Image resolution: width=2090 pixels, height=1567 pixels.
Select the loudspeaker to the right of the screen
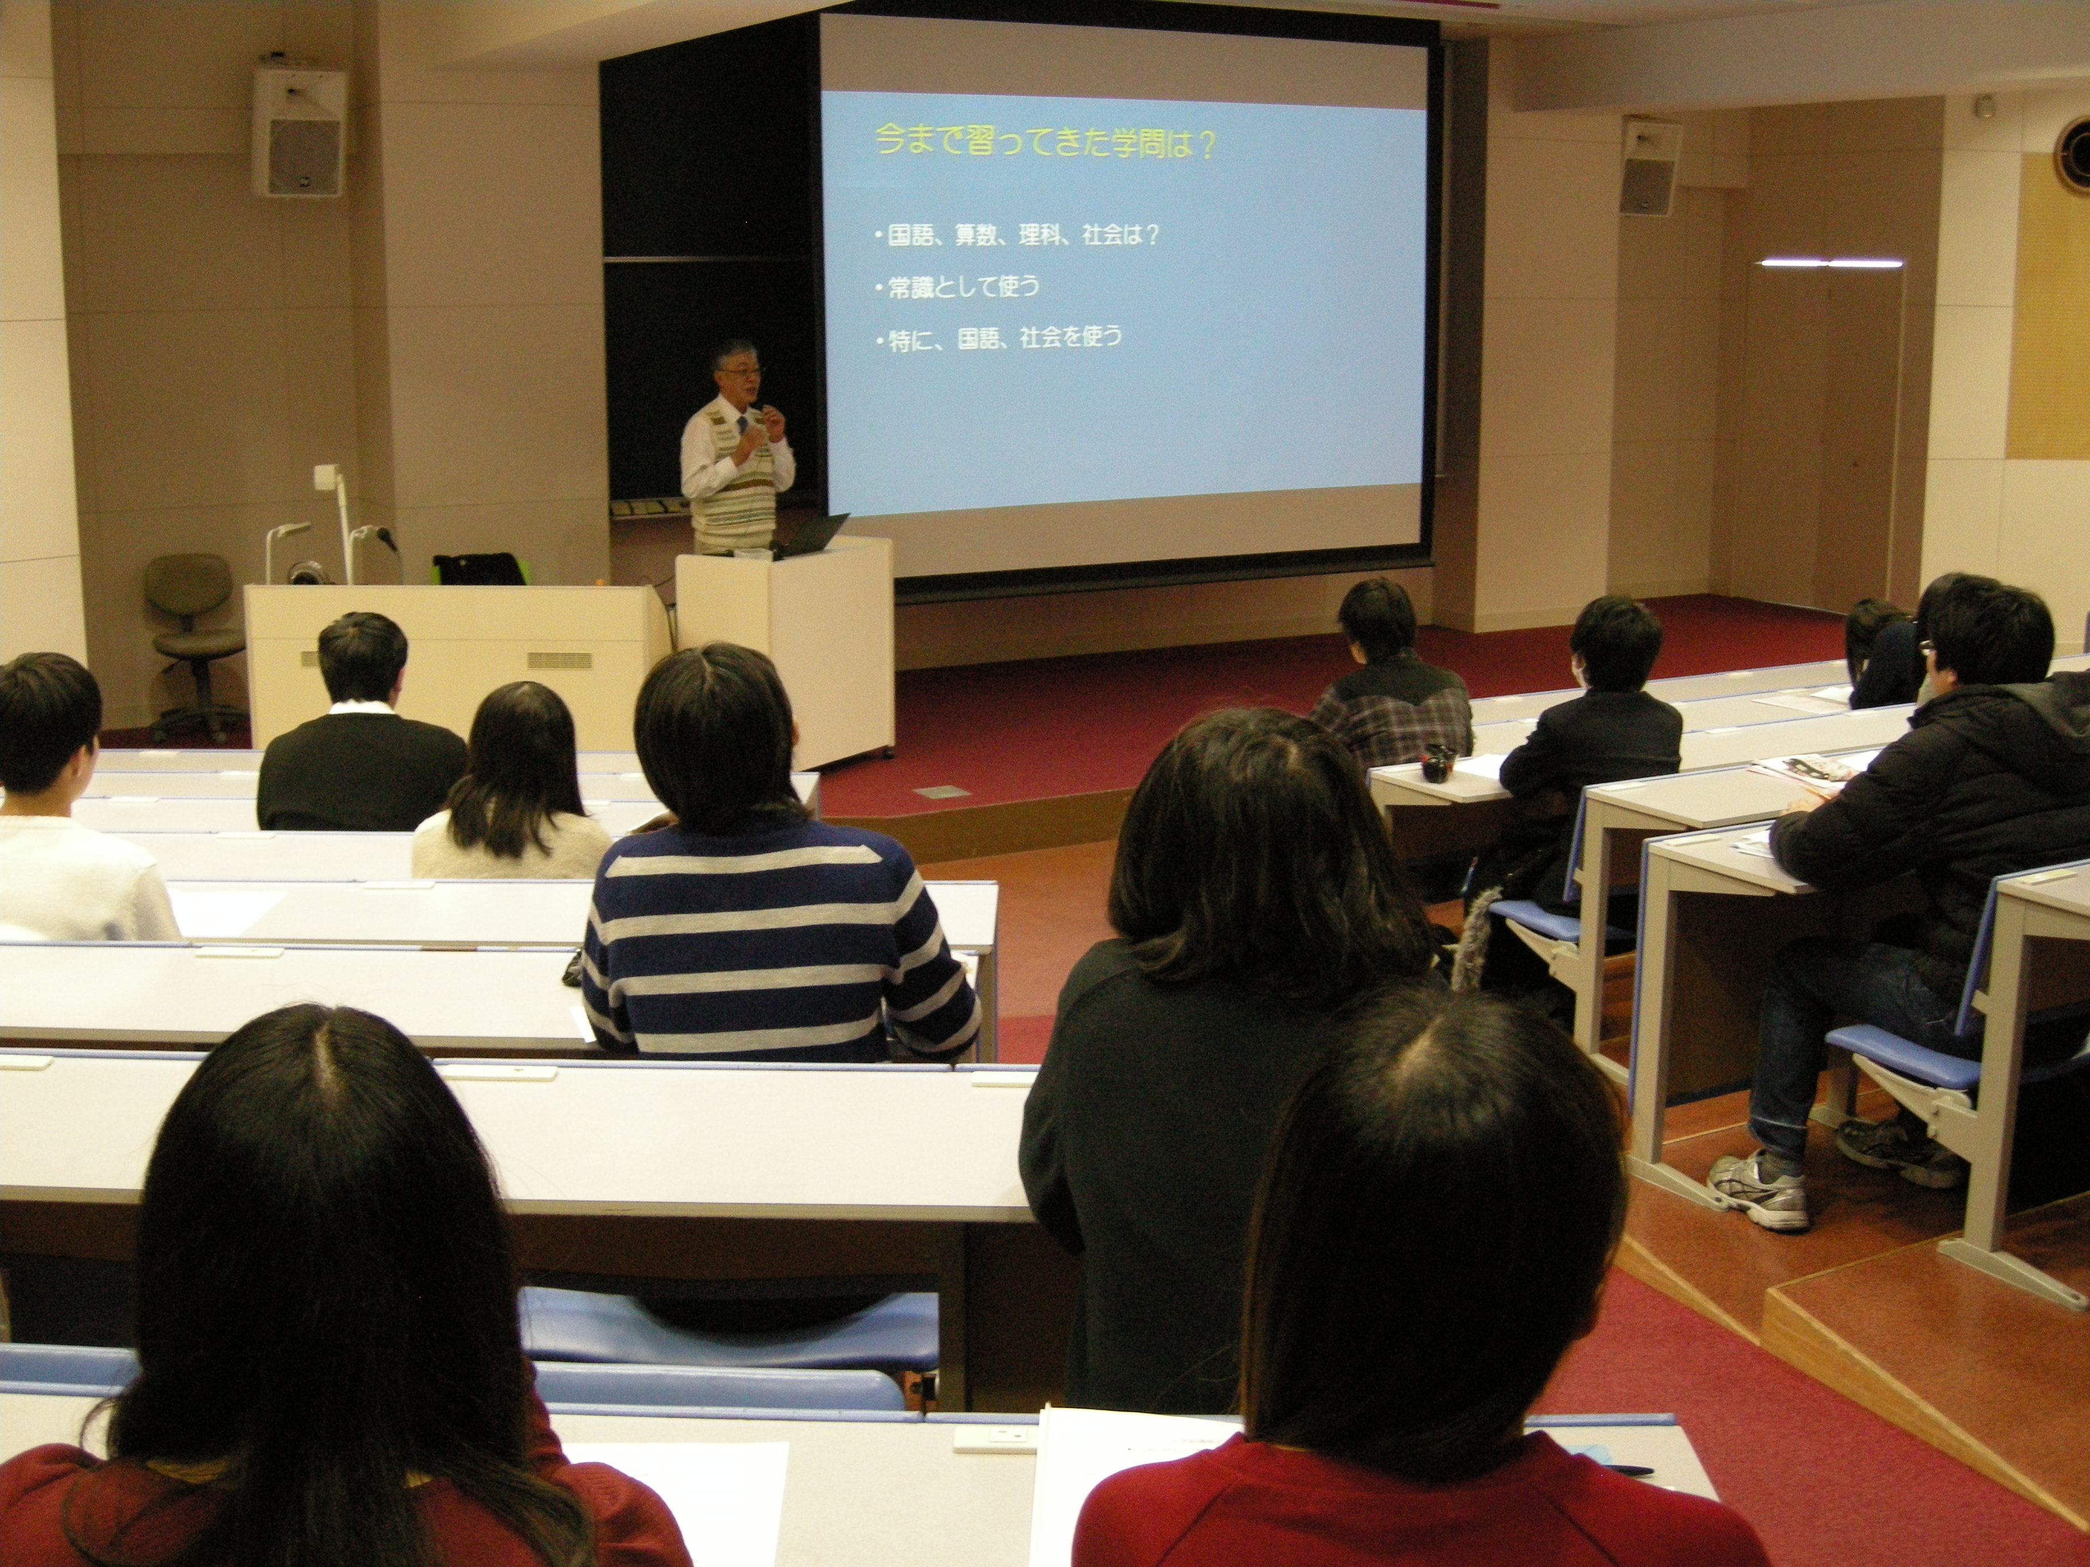click(1651, 167)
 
